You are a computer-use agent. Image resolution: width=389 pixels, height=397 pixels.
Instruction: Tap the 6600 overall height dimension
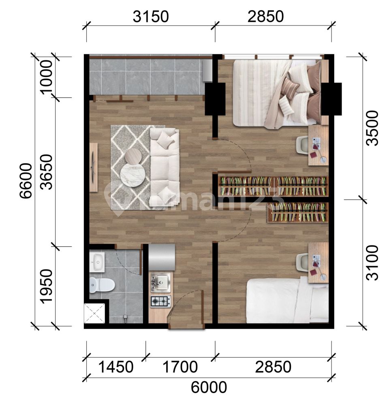[26, 181]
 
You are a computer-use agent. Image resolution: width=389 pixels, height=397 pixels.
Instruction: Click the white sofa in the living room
[164, 166]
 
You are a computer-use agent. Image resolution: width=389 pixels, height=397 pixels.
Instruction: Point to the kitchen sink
[161, 281]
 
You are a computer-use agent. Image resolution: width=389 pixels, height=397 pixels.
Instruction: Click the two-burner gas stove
[160, 301]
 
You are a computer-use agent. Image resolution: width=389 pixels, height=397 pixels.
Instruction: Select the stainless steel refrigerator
[162, 257]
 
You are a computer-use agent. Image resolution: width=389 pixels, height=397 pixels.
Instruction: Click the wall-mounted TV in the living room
[93, 167]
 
